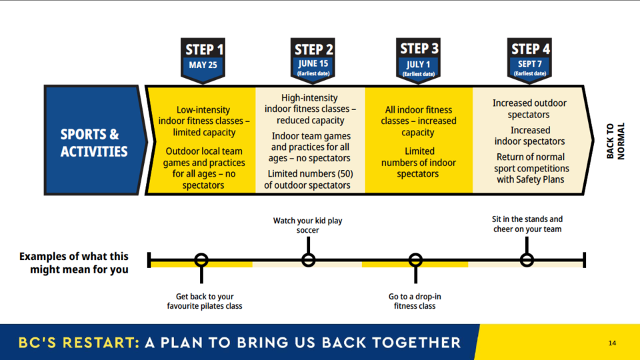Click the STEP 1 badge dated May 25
[x=203, y=61]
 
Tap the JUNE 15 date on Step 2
[x=313, y=64]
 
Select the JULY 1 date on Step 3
[x=419, y=65]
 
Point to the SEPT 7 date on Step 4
[x=530, y=64]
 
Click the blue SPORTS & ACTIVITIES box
[x=95, y=140]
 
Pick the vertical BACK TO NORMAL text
[x=615, y=141]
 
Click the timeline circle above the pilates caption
[x=201, y=260]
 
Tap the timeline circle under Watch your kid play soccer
[x=308, y=260]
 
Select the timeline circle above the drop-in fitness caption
[x=415, y=260]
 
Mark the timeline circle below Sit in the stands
[x=527, y=260]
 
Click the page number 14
[x=612, y=343]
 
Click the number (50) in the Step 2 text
[x=345, y=174]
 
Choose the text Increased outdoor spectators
[x=529, y=109]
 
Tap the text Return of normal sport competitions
[x=531, y=163]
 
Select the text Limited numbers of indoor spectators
[x=419, y=163]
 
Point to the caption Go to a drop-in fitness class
[x=415, y=301]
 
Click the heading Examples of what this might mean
[x=74, y=263]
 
